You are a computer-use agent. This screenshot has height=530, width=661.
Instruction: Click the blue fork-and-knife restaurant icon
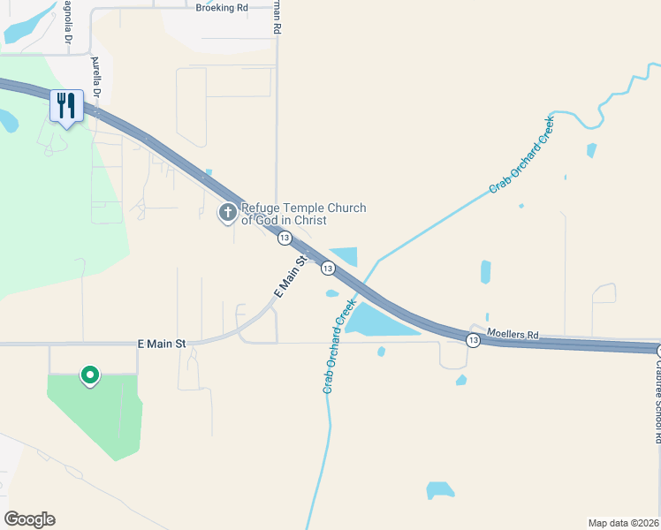66,106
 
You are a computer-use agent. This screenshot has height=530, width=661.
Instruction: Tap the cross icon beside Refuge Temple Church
228,212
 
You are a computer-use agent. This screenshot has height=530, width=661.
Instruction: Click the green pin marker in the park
89,376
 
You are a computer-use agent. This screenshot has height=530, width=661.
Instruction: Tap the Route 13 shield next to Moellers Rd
474,340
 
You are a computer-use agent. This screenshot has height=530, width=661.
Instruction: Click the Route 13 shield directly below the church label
284,238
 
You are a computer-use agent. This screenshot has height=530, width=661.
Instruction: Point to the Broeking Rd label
222,7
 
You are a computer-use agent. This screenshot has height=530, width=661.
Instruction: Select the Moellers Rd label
513,335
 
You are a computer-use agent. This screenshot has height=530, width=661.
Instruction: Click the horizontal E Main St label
162,343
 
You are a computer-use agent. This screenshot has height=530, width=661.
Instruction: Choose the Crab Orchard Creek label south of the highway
338,345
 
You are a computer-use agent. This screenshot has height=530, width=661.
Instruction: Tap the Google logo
29,519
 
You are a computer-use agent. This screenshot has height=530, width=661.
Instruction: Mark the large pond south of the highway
379,319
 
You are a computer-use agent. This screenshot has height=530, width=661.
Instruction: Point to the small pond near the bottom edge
439,489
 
